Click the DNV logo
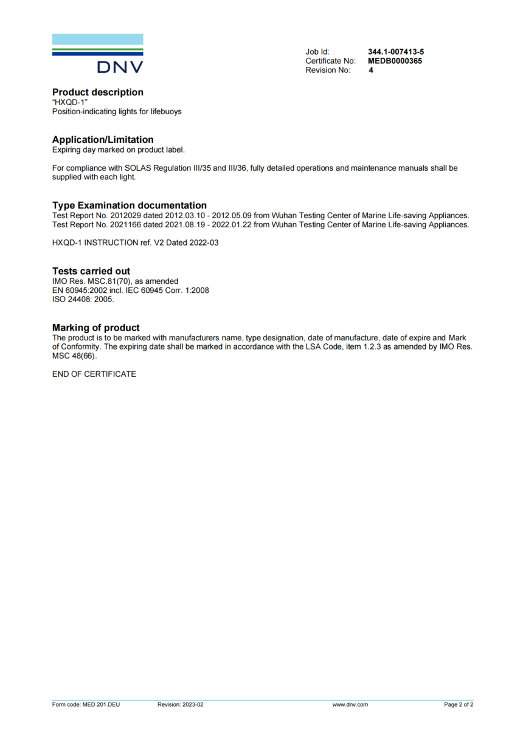point(98,54)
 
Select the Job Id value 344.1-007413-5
point(396,52)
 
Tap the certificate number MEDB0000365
point(395,61)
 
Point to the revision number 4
point(371,70)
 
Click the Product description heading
point(98,92)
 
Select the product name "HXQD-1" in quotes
point(70,103)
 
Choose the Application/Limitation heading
point(103,140)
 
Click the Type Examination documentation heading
point(130,205)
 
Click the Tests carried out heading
point(91,271)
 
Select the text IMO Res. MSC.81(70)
point(90,281)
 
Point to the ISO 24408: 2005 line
point(83,299)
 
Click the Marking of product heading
point(96,328)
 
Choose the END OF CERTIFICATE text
point(94,374)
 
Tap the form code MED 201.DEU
point(101,705)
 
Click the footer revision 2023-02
point(192,705)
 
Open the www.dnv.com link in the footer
point(350,705)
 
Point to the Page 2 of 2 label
point(459,705)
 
